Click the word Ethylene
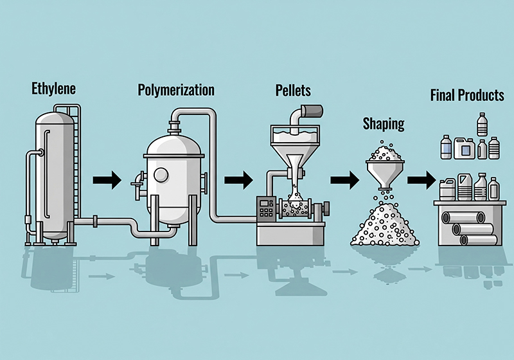pos(53,89)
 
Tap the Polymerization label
pos(175,89)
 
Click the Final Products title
pos(466,96)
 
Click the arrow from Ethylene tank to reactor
pos(107,179)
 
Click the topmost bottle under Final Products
pos(482,124)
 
